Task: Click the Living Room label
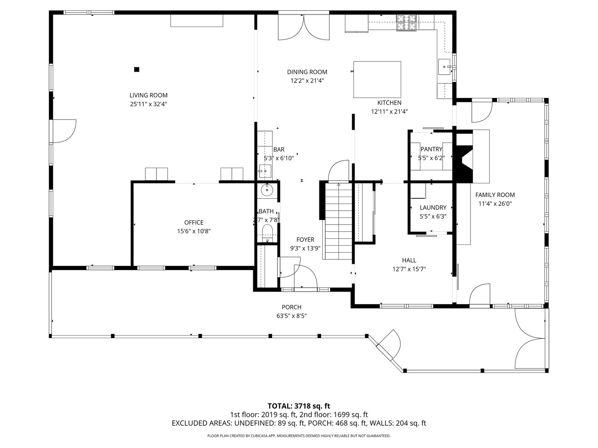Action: [x=148, y=95]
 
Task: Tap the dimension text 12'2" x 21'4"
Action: [x=307, y=81]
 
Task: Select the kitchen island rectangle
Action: [x=377, y=79]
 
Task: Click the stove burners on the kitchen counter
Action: [x=407, y=22]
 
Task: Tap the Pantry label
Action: [x=431, y=149]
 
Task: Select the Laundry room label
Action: [x=433, y=207]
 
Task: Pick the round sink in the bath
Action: [x=267, y=190]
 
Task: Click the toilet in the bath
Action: [x=267, y=231]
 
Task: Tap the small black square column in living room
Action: [x=137, y=69]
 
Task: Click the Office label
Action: [x=194, y=223]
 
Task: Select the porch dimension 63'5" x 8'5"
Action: [x=292, y=316]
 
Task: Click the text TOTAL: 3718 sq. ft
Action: [x=299, y=406]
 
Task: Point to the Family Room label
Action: [x=495, y=195]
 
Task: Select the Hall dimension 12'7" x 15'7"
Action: [x=409, y=269]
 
